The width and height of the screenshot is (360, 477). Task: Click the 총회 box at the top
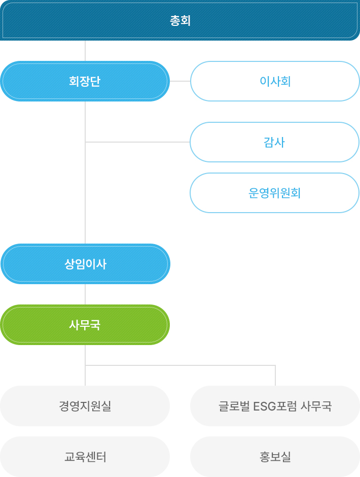click(180, 20)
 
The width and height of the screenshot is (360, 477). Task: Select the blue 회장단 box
click(85, 81)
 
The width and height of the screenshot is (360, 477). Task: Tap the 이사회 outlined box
click(275, 81)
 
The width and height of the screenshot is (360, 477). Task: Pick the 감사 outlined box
click(274, 142)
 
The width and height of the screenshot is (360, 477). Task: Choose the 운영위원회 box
click(274, 193)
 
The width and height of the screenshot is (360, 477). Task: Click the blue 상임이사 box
click(86, 264)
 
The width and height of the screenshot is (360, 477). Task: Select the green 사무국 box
click(85, 325)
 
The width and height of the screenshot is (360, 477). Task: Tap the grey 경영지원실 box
click(85, 406)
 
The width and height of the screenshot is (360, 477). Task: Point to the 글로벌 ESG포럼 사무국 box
click(275, 406)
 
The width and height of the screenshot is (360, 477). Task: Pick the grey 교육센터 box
click(85, 457)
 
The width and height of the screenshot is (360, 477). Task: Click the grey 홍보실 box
click(275, 457)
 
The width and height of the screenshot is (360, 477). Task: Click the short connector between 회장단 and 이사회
click(180, 81)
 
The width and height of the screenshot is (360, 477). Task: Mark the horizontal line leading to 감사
click(137, 142)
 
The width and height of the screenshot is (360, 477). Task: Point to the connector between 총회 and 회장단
click(85, 51)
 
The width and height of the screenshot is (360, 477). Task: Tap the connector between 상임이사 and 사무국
click(85, 294)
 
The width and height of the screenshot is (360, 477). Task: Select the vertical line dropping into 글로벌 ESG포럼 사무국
click(275, 376)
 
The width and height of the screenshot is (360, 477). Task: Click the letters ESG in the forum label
click(263, 406)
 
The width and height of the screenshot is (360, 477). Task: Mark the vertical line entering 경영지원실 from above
click(85, 376)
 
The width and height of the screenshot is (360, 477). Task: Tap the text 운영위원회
click(274, 193)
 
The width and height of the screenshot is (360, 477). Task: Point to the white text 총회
click(180, 20)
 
